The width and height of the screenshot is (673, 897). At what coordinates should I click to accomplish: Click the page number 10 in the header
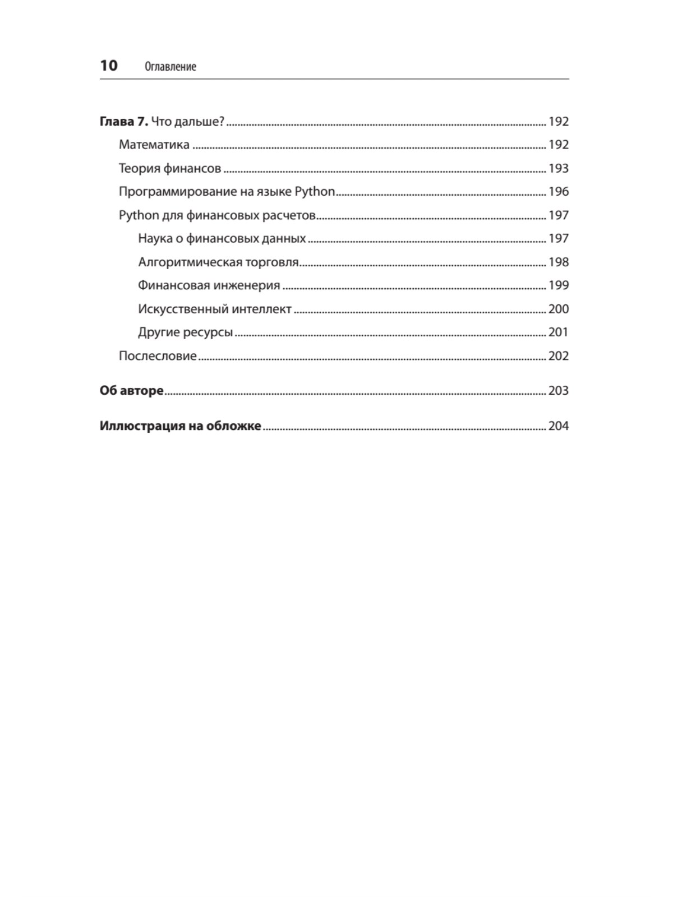point(109,66)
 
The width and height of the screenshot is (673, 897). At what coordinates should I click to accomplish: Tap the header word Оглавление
point(170,67)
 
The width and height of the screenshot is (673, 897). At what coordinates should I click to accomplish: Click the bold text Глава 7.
point(124,122)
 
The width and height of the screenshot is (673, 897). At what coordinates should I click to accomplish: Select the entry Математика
point(154,145)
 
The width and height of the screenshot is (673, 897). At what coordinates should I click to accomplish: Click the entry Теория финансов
point(170,168)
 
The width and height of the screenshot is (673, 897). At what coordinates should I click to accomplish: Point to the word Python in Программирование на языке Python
point(315,192)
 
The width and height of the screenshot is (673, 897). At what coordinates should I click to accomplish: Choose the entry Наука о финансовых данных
point(222,238)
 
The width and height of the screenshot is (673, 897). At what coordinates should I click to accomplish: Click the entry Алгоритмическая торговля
point(218,262)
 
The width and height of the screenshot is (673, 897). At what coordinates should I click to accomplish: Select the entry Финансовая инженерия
point(209,285)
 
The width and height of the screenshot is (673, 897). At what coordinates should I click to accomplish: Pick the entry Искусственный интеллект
point(215,309)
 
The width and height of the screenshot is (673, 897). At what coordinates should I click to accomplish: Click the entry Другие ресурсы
point(185,332)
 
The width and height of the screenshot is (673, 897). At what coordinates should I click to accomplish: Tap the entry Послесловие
point(158,356)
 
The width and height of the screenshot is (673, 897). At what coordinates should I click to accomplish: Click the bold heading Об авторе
point(132,391)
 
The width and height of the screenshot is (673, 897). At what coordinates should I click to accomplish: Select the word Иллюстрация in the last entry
point(140,426)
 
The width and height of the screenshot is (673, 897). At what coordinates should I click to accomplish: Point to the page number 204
point(558,426)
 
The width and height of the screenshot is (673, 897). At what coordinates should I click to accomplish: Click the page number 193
point(558,168)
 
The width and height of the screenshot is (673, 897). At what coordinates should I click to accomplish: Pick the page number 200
point(558,309)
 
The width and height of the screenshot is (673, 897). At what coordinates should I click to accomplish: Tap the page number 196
point(558,192)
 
